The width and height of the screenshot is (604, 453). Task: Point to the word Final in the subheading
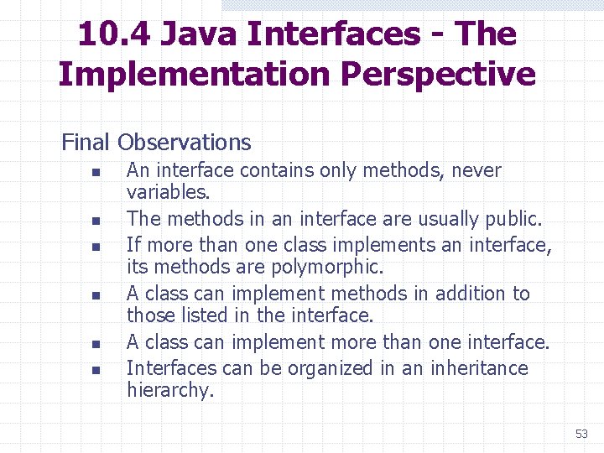pyautogui.click(x=86, y=143)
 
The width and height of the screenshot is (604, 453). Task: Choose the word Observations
pyautogui.click(x=185, y=143)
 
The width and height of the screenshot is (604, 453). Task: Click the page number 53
pyautogui.click(x=581, y=434)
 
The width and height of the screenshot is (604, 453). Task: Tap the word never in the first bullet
pyautogui.click(x=476, y=171)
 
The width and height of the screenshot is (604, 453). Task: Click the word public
pyautogui.click(x=514, y=219)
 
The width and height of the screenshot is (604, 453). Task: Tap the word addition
pyautogui.click(x=463, y=294)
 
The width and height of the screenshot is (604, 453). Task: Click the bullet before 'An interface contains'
pyautogui.click(x=96, y=173)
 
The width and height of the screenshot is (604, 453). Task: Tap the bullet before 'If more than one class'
pyautogui.click(x=96, y=247)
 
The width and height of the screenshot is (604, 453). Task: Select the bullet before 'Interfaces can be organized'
pyautogui.click(x=96, y=370)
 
